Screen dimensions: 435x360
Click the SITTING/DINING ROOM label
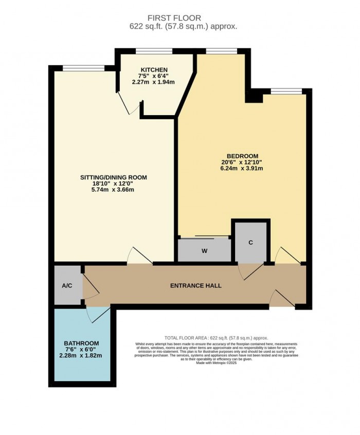(113, 177)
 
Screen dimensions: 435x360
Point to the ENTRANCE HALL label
(195, 285)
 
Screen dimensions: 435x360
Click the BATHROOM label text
(81, 343)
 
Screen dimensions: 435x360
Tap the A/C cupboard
(67, 286)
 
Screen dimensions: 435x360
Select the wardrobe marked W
(204, 251)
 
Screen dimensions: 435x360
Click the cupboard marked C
(250, 243)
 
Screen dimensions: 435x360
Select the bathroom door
(98, 315)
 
